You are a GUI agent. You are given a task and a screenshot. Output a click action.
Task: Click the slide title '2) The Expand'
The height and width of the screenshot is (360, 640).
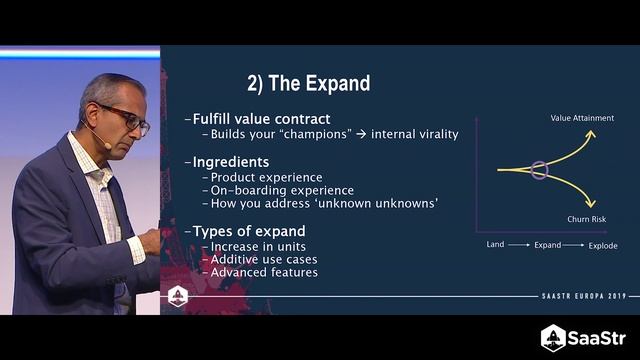tap(308, 83)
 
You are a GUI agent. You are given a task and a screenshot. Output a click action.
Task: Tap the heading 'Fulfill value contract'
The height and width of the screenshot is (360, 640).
tap(261, 119)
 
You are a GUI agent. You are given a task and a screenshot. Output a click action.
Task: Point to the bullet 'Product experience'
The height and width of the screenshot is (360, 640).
tap(263, 176)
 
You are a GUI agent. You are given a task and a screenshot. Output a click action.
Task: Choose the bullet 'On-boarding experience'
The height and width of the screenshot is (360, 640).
tap(281, 190)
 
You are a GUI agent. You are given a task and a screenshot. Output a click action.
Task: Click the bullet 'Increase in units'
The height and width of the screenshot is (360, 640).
tap(259, 246)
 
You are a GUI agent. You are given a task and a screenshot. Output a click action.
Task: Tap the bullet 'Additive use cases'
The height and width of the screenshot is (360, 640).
tap(265, 259)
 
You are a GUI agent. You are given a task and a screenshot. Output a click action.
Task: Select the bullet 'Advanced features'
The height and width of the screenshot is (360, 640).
tap(264, 272)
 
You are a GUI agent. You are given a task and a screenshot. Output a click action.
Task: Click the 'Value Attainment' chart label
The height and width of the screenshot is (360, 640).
tap(582, 118)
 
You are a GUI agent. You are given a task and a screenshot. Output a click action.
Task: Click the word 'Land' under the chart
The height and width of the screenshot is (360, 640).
tap(495, 245)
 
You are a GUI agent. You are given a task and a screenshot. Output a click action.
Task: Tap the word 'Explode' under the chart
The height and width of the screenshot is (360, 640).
tap(602, 245)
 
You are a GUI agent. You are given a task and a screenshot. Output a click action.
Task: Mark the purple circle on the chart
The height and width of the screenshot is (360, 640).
tap(540, 169)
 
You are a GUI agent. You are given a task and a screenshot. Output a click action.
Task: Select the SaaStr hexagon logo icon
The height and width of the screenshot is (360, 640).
tap(553, 338)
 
